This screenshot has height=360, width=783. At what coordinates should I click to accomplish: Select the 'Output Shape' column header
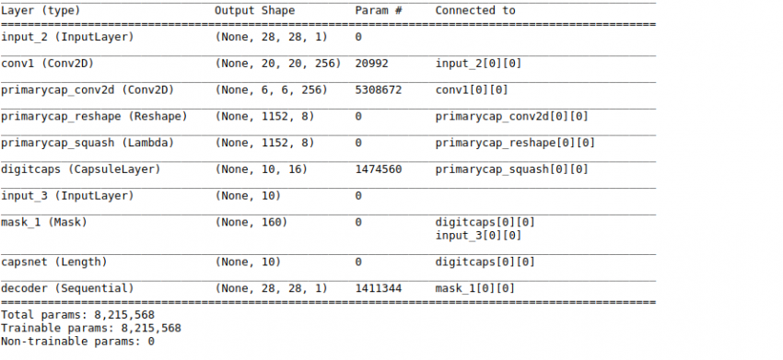(255, 10)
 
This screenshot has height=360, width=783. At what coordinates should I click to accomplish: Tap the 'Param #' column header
(378, 10)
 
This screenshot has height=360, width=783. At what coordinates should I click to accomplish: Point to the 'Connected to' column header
(475, 10)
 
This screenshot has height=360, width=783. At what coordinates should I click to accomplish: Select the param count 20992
(373, 64)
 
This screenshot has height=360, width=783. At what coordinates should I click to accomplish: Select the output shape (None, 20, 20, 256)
(277, 64)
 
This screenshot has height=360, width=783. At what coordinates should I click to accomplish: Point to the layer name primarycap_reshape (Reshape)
(94, 117)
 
